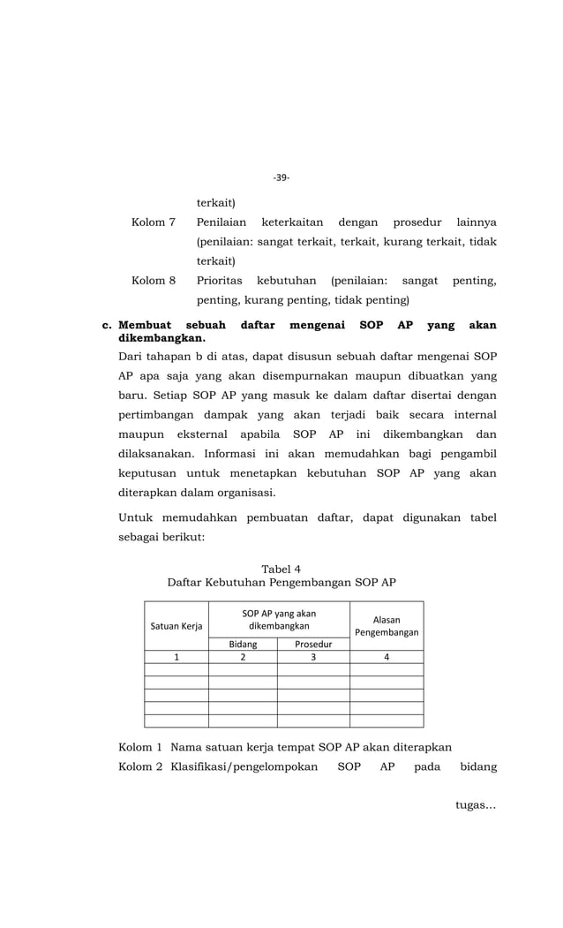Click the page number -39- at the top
281,177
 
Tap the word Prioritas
220,281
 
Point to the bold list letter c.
108,326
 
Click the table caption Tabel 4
281,569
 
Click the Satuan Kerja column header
176,626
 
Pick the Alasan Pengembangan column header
387,626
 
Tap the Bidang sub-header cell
243,645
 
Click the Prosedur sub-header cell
313,645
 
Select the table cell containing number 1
176,657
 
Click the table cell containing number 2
243,657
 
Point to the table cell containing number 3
313,657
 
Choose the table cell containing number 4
387,657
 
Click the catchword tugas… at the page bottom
476,830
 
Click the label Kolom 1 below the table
140,747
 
